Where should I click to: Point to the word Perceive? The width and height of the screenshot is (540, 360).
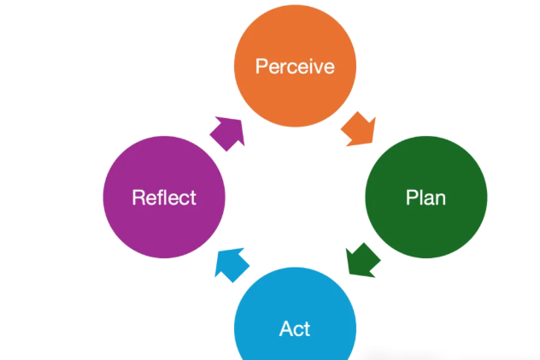[295, 67]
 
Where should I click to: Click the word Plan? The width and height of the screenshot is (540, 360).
[426, 198]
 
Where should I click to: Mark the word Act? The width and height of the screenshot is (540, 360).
[295, 329]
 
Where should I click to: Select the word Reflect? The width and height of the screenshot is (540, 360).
[164, 198]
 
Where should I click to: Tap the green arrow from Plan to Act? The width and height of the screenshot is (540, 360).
[363, 259]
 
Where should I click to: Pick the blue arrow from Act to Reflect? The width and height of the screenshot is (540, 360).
[231, 263]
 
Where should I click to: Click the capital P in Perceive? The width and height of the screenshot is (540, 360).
[261, 67]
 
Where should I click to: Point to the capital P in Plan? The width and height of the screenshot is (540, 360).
[411, 198]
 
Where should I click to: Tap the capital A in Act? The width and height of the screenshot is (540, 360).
[285, 329]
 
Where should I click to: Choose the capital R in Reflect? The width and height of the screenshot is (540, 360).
[138, 198]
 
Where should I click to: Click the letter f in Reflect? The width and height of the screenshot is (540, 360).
[159, 198]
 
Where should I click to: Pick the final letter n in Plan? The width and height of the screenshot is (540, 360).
[440, 199]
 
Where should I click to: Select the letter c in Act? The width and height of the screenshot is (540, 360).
[297, 330]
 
